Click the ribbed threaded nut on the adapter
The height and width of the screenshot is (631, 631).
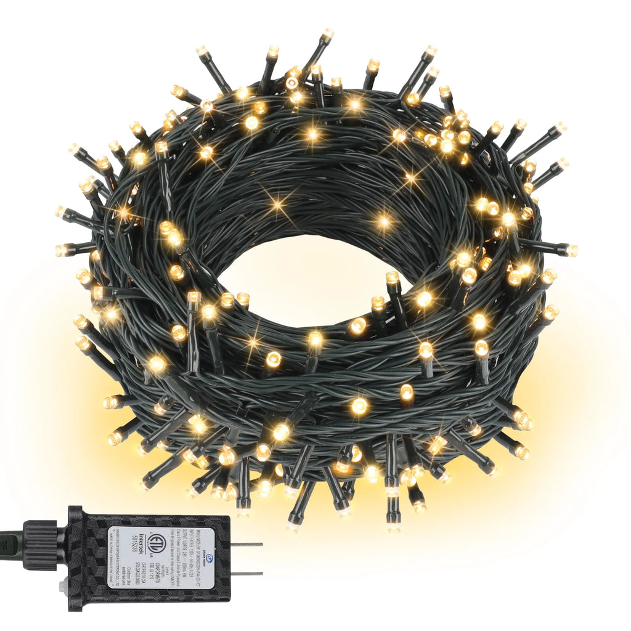coord(40,545)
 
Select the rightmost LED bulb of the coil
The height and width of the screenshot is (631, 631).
coord(571,250)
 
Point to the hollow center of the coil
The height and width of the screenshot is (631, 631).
coord(308,277)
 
